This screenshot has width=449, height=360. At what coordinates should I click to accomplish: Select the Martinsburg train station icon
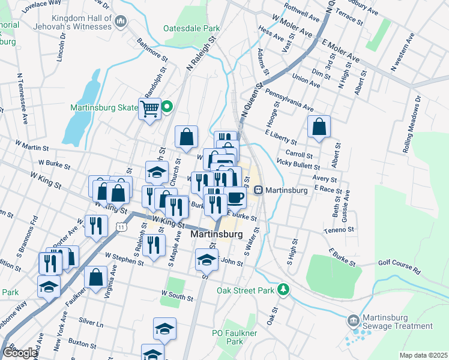259,190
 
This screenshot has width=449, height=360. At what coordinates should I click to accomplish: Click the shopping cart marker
149,109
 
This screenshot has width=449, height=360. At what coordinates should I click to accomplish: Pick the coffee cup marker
235,197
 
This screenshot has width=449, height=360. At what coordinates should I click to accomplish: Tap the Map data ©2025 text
423,355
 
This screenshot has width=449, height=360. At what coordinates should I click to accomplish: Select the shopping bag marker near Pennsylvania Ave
319,127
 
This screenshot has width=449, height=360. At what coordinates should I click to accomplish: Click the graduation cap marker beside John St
206,260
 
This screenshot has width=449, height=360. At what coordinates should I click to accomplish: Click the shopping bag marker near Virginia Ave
96,277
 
